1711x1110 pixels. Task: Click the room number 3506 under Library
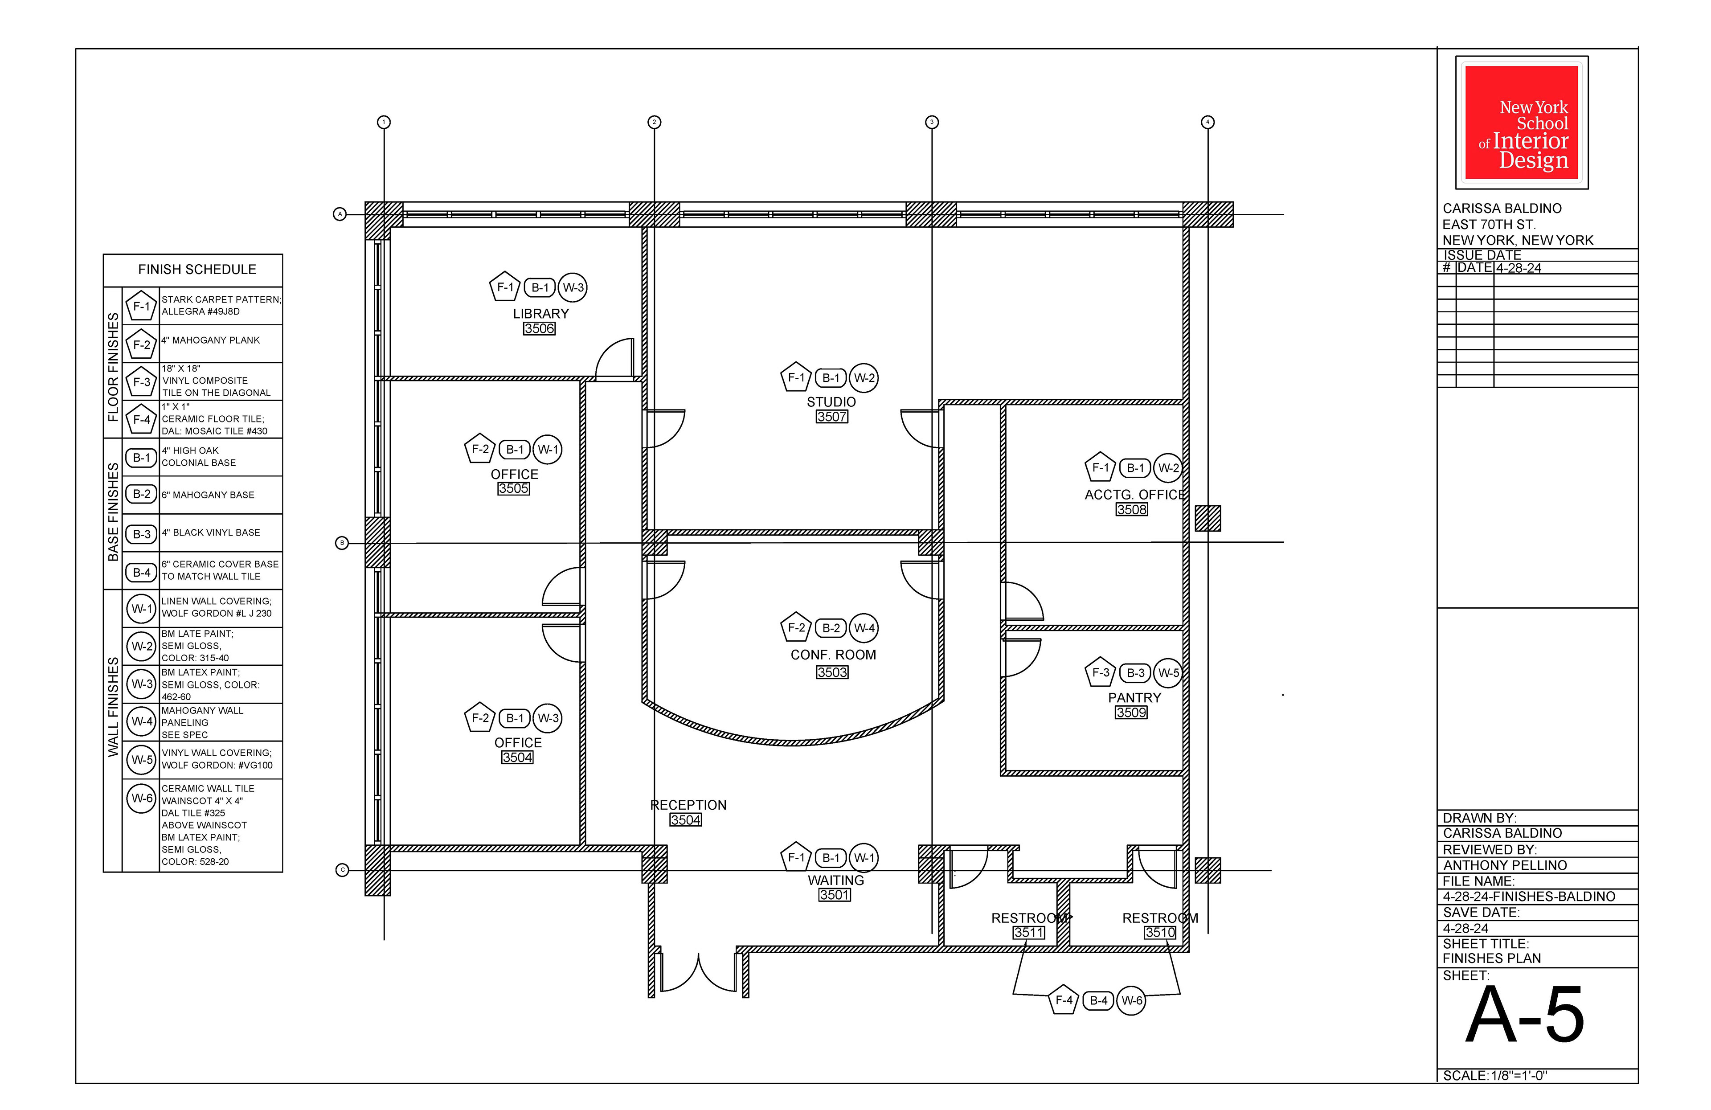coord(539,328)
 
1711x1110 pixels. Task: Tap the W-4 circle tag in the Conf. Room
coord(864,627)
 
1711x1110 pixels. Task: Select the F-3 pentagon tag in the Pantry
coord(1100,672)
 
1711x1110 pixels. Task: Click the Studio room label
coord(831,402)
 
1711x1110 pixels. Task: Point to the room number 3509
coord(1132,713)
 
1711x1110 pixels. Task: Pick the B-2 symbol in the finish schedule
coord(142,494)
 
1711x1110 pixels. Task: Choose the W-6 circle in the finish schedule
coord(142,798)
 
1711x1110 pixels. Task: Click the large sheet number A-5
coord(1525,1015)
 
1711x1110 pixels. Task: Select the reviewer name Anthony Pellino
coord(1505,865)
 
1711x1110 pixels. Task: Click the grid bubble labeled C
coord(342,871)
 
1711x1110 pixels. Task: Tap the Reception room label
coord(688,805)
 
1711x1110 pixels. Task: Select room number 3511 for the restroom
coord(1029,933)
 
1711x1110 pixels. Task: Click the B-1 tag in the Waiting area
coord(831,858)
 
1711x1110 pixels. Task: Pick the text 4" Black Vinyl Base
coord(211,532)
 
